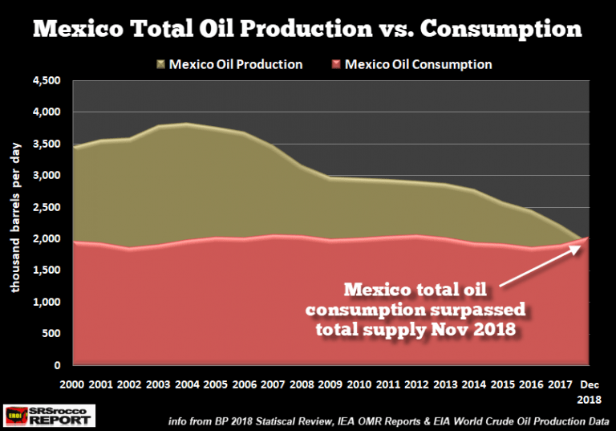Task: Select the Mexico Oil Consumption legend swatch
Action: (333, 64)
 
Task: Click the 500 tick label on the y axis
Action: (55, 334)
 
